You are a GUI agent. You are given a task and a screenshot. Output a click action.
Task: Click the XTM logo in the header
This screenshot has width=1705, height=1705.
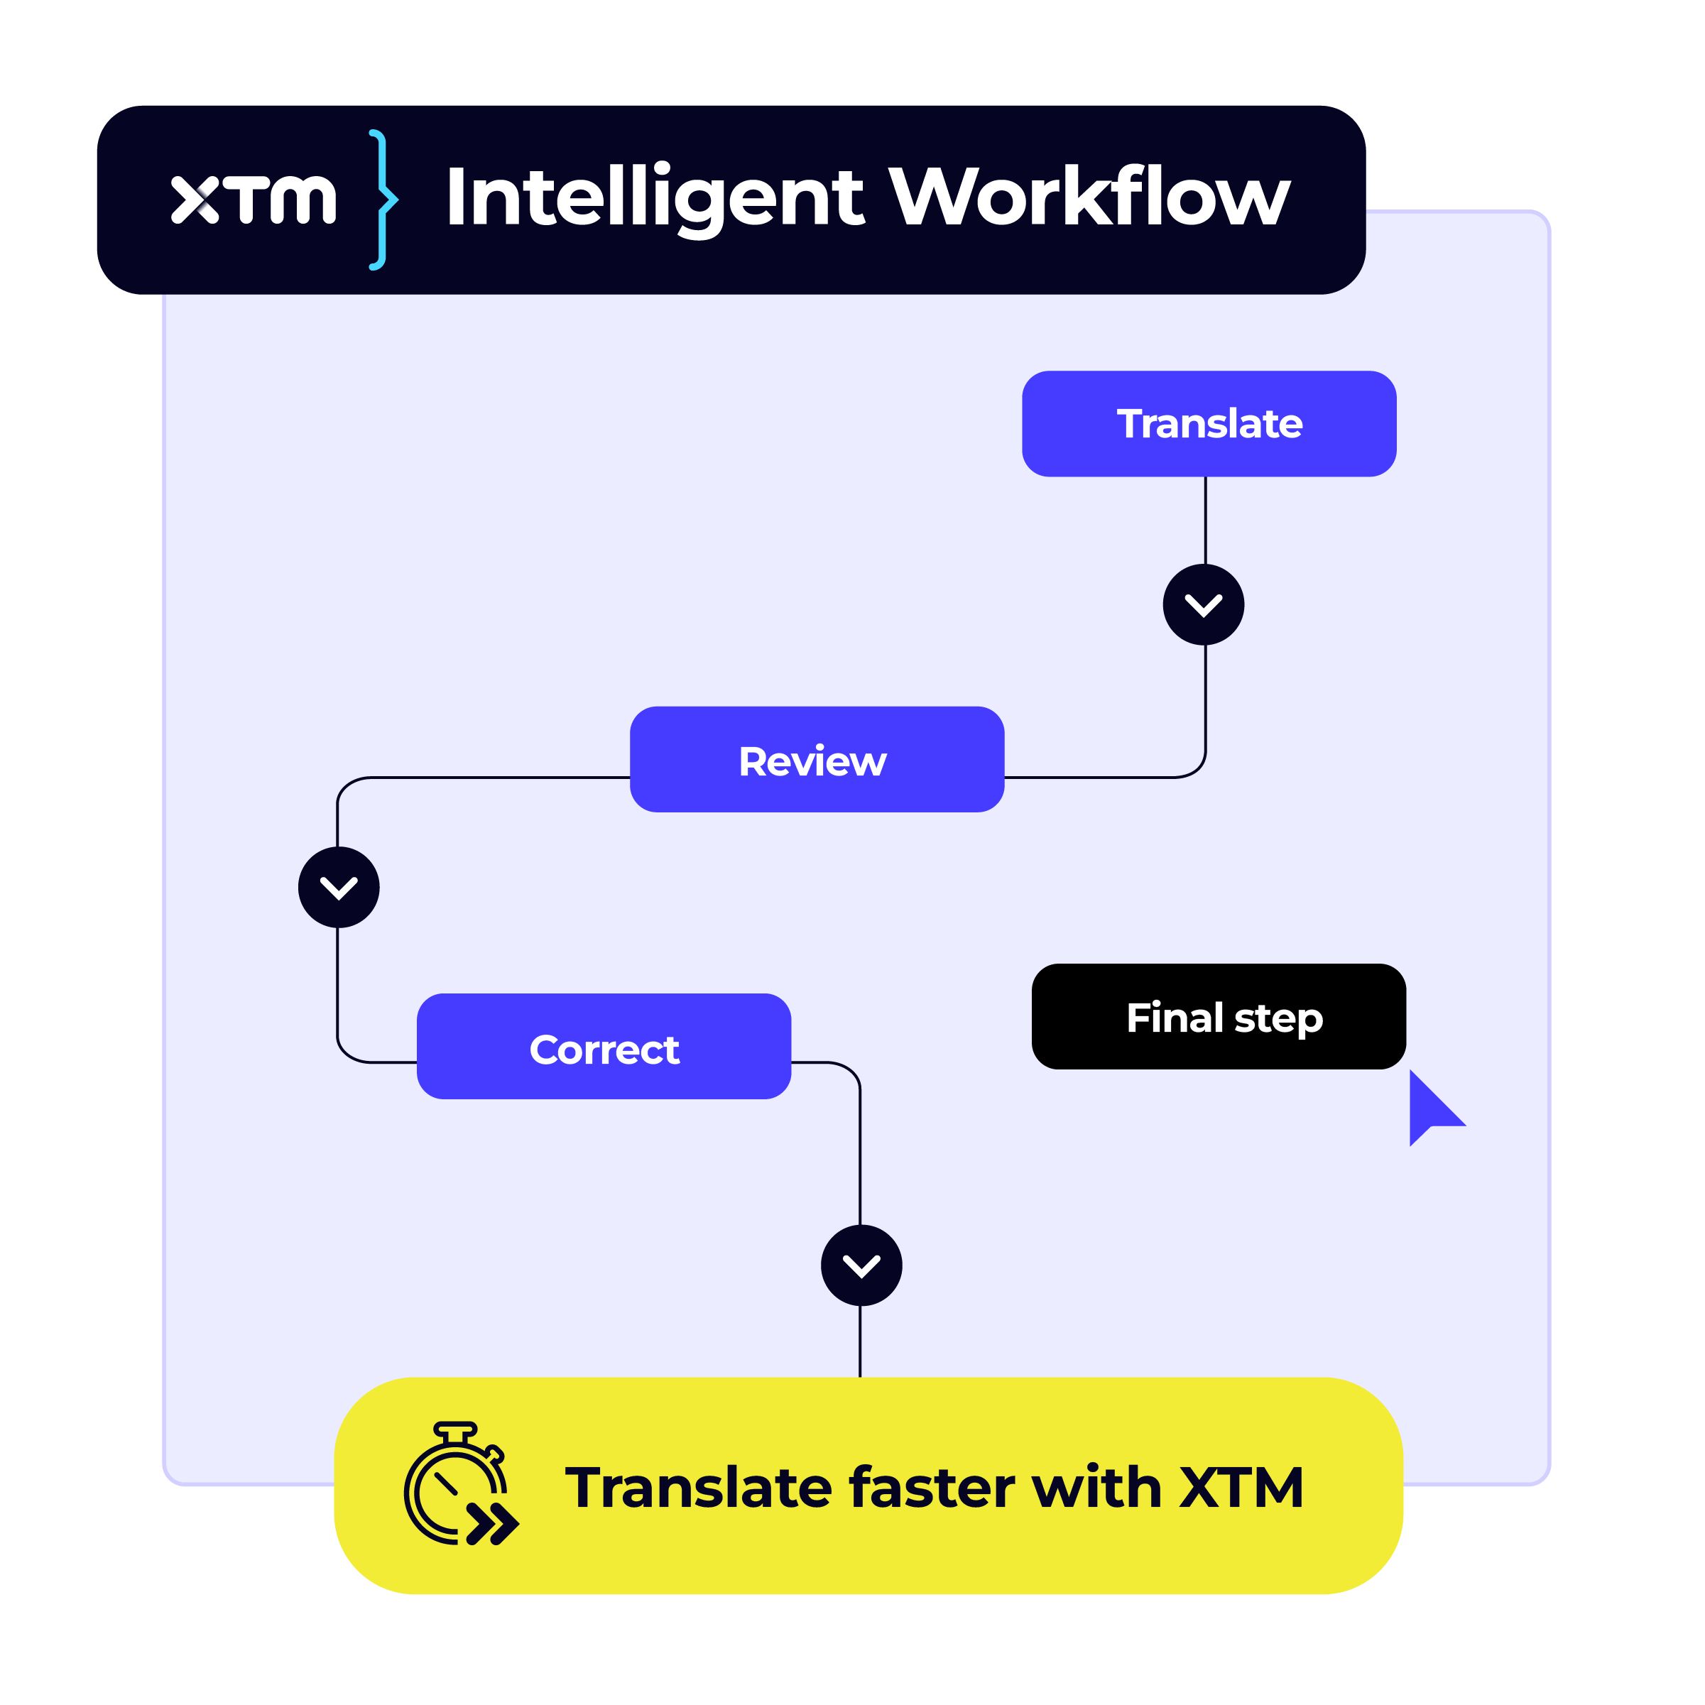point(254,200)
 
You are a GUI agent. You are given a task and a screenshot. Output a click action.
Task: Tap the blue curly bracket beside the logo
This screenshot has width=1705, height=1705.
point(381,200)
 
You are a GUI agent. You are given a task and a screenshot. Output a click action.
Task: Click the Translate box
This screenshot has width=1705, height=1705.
point(1209,424)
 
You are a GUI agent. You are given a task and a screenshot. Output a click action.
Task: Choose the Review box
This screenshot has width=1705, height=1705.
point(817,760)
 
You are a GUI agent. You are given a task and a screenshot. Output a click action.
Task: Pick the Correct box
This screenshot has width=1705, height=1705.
point(604,1047)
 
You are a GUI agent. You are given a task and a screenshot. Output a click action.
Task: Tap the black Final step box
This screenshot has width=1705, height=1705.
point(1218,1017)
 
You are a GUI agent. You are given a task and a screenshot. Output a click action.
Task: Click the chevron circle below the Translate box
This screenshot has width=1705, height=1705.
point(1204,604)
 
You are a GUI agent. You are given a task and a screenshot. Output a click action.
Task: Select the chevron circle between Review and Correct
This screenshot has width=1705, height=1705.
point(339,887)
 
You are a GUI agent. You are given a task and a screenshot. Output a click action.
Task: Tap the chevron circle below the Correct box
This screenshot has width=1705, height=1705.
point(861,1265)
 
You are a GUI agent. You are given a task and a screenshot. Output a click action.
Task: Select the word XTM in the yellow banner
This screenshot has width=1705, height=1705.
point(1242,1488)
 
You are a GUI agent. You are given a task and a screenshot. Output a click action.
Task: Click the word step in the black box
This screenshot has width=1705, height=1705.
point(1279,1019)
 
